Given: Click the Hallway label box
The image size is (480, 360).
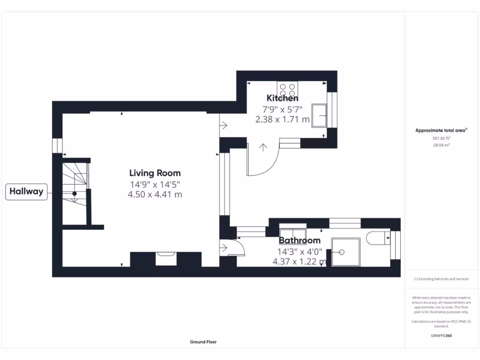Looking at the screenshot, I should tap(26, 191).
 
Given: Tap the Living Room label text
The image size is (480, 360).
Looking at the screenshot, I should tap(155, 173).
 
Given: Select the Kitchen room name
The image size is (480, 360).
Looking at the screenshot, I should tap(282, 98).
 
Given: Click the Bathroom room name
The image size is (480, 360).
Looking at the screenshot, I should tap(300, 240).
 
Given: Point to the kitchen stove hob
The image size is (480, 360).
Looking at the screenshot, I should tap(287, 89).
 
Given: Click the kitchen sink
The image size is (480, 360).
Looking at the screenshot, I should tap(321, 115).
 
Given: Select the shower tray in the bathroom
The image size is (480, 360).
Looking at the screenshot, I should tap(346, 252).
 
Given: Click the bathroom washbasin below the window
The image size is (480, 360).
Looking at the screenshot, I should tap(292, 234).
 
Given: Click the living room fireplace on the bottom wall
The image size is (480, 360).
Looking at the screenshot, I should tap(166, 257).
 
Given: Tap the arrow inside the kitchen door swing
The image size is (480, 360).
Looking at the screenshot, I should tap(263, 148).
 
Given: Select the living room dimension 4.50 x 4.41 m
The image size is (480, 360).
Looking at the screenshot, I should tap(155, 195).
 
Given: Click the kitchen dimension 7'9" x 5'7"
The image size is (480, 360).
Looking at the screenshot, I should tap(282, 109).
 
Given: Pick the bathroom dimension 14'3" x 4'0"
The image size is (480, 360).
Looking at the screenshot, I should tap(300, 251).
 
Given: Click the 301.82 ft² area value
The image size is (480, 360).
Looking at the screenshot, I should tap(441, 139).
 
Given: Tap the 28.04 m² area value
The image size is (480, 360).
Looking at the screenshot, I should tap(441, 146).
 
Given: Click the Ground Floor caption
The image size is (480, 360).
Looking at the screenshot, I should tap(203, 342).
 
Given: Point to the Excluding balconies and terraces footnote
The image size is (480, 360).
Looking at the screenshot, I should tap(441, 279).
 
